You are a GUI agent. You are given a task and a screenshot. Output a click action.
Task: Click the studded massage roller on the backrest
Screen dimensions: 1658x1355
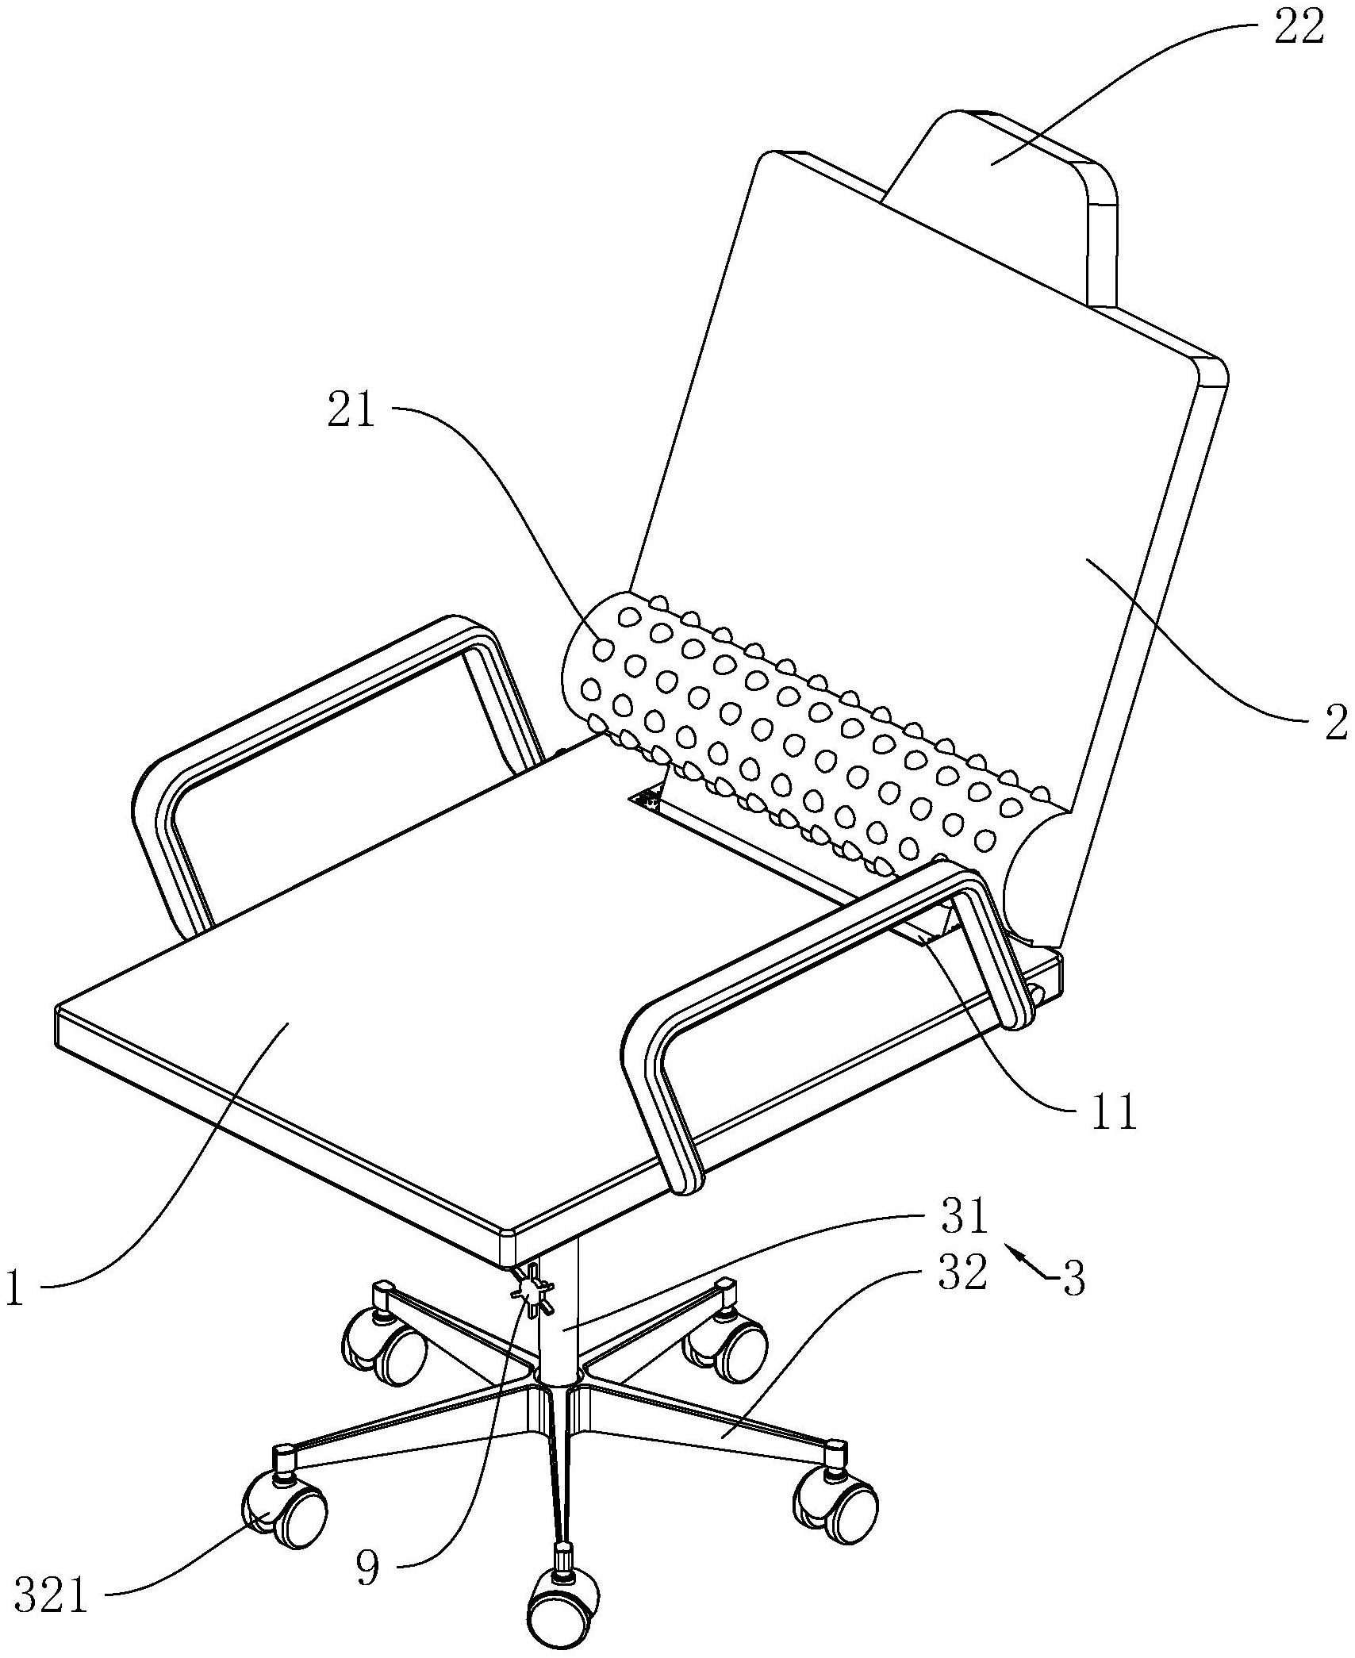pyautogui.click(x=793, y=738)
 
